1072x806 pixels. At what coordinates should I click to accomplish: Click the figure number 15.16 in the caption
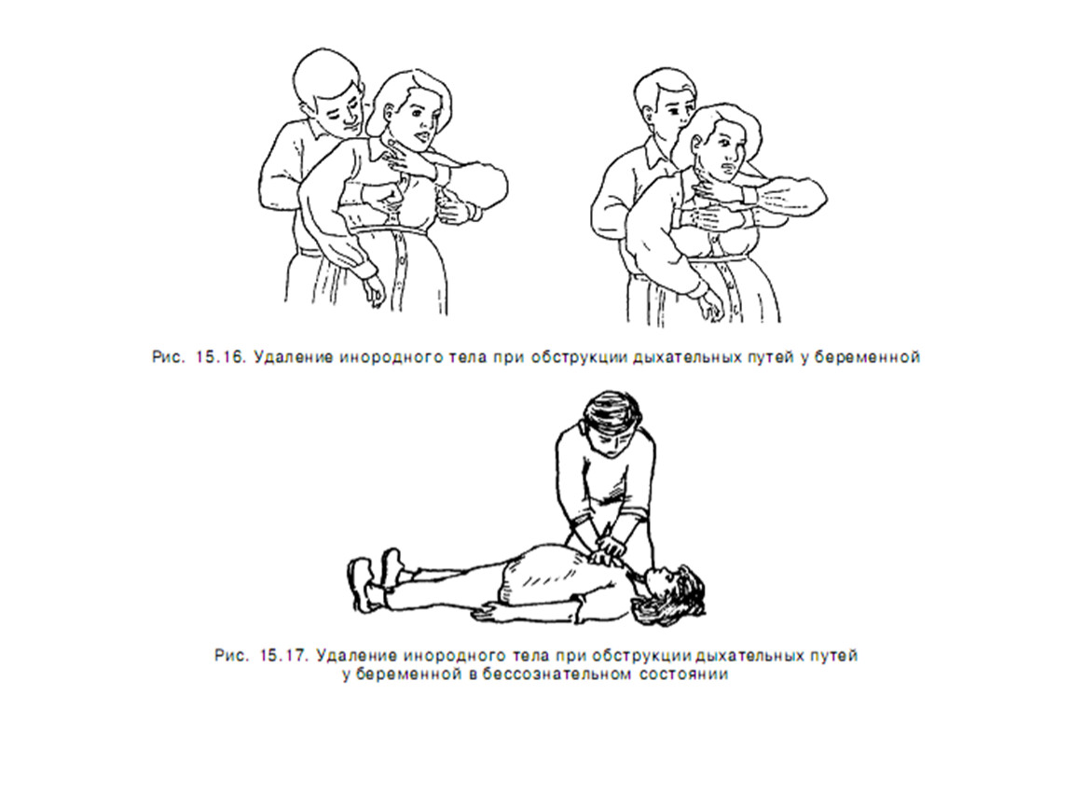click(220, 357)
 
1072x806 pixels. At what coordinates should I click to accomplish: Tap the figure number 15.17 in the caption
click(284, 656)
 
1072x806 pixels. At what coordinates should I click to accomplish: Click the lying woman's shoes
click(375, 578)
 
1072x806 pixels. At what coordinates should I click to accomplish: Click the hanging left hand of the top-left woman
click(373, 290)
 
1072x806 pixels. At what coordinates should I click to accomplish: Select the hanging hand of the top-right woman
click(711, 306)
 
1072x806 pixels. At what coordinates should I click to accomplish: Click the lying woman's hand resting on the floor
click(495, 610)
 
